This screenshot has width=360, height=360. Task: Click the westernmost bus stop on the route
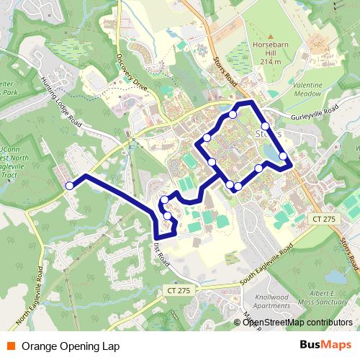point(70,186)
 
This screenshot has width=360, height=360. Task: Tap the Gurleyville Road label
point(315,114)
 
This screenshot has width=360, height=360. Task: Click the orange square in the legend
point(12,346)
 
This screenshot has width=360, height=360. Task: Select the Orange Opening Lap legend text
point(71,346)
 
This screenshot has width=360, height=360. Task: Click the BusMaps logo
point(325,346)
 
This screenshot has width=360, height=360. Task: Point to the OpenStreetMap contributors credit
point(297,323)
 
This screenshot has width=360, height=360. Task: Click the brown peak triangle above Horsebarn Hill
point(271,36)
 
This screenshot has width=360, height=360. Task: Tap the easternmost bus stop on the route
point(283,156)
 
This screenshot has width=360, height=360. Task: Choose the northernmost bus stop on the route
point(233,114)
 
